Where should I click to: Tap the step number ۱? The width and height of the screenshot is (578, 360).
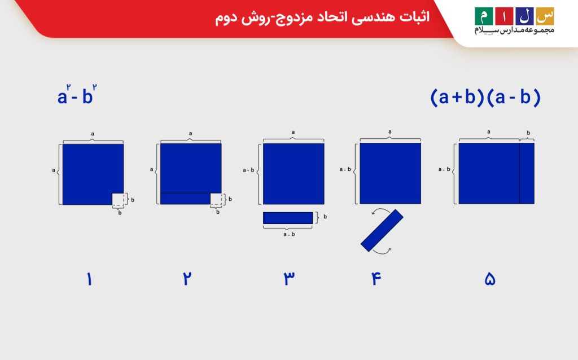[x=89, y=279]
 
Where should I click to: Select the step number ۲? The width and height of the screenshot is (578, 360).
[x=186, y=279]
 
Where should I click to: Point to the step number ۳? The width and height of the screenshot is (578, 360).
[x=288, y=279]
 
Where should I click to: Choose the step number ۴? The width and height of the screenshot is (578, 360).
[x=374, y=279]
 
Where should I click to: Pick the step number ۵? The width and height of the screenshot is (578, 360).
[x=489, y=279]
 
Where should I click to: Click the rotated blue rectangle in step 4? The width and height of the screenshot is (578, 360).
[x=382, y=230]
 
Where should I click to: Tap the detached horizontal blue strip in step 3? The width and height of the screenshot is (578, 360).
[x=288, y=218]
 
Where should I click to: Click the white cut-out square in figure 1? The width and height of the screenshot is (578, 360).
[x=118, y=199]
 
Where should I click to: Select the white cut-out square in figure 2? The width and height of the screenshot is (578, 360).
[x=216, y=199]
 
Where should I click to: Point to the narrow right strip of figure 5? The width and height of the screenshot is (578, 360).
[x=527, y=173]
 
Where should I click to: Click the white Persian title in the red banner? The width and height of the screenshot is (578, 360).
[x=322, y=17]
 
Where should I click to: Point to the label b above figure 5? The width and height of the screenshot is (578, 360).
[x=528, y=133]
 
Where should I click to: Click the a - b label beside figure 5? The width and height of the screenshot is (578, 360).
[x=445, y=169]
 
